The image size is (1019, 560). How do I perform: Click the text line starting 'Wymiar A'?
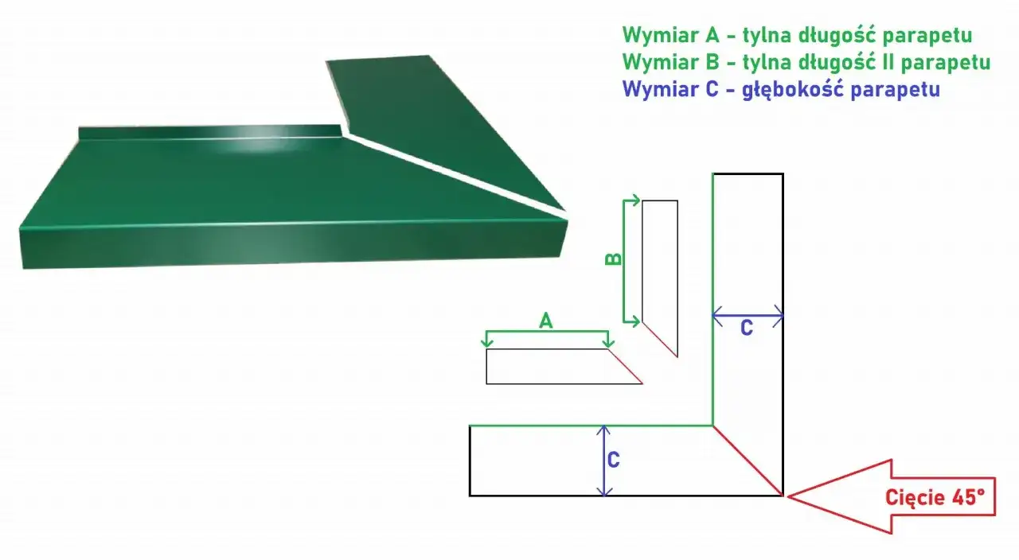797,35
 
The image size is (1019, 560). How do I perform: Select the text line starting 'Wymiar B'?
806,62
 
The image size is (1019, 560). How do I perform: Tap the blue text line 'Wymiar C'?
781,89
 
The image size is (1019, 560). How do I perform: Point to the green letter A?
545,321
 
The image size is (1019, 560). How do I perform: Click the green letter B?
614,259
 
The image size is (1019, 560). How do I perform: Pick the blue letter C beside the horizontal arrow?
746,328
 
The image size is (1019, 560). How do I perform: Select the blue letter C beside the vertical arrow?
614,460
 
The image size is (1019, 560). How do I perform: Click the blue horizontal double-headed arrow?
748,316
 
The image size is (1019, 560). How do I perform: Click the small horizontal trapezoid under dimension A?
557,367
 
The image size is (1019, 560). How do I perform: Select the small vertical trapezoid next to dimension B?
660,270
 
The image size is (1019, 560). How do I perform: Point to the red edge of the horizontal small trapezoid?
626,367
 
